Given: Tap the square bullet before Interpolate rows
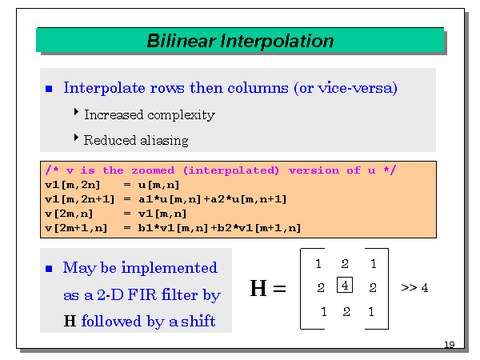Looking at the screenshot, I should click(x=50, y=89).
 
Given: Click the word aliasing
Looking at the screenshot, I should click(x=163, y=140).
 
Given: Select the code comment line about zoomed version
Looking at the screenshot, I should click(x=220, y=170).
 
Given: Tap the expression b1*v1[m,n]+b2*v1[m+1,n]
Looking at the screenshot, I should click(x=212, y=228).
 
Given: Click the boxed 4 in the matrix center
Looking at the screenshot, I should click(x=345, y=285).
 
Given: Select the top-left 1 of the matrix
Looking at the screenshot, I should click(x=318, y=264).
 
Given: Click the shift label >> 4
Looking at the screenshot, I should click(x=414, y=287).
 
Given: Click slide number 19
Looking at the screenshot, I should click(x=449, y=345).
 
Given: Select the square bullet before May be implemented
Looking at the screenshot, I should click(x=50, y=268).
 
